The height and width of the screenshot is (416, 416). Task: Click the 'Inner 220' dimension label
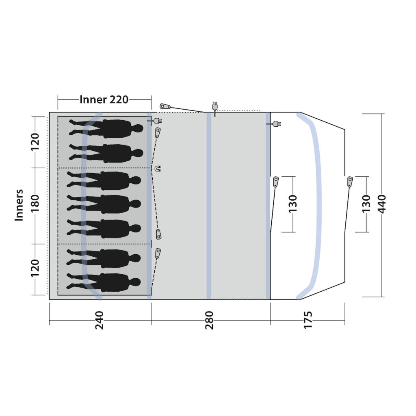click(104, 100)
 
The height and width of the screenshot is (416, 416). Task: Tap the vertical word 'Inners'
click(19, 205)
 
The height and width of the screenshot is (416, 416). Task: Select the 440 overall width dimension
click(381, 204)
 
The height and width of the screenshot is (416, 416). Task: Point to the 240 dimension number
click(99, 320)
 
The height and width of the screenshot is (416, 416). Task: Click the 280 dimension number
click(209, 320)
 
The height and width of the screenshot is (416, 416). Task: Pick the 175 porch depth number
click(308, 320)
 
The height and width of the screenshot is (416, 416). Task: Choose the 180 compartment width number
click(35, 204)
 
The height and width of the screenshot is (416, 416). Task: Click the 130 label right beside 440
click(366, 204)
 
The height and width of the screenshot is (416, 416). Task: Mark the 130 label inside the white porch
click(292, 204)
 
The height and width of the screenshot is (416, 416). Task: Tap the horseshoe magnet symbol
click(158, 168)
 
